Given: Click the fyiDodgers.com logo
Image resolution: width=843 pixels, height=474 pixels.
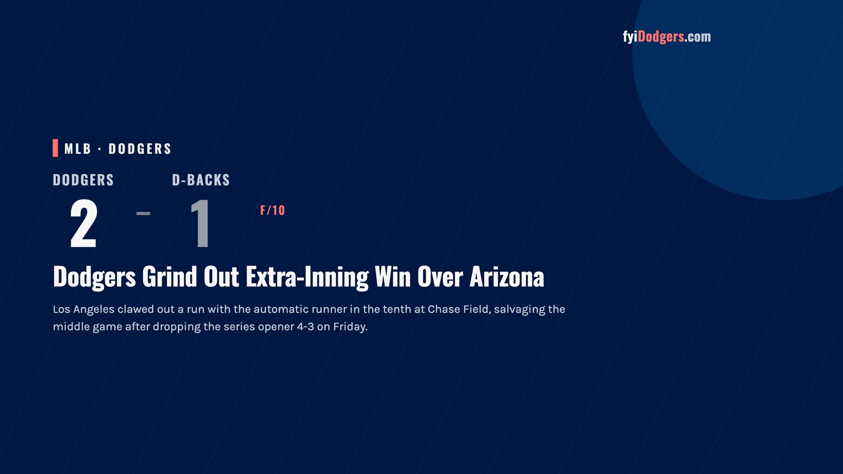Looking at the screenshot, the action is tap(666, 37).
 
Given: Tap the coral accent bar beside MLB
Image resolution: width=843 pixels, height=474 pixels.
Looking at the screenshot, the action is tap(55, 148).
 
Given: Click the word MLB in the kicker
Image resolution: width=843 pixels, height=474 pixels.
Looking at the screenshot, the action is tap(77, 149).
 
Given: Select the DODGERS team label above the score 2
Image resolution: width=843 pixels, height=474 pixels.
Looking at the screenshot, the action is tap(83, 180).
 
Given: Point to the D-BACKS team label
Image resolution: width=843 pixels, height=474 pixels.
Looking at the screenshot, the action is tap(201, 180).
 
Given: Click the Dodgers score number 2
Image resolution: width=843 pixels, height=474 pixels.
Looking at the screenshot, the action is tap(84, 223).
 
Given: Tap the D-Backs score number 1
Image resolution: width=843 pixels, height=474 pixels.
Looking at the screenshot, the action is tap(200, 223).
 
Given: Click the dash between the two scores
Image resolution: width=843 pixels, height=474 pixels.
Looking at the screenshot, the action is tap(143, 213).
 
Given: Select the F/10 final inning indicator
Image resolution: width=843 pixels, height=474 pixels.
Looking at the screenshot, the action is tap(272, 210).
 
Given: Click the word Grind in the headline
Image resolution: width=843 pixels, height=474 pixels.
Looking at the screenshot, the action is tap(169, 277).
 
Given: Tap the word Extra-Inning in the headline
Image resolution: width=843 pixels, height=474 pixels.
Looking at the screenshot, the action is tap(307, 278).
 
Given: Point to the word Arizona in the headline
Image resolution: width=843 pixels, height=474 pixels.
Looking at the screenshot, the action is tap(507, 277).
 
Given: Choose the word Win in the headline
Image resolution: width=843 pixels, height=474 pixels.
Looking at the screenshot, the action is tap(393, 277).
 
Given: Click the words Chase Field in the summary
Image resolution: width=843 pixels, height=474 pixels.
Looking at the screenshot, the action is tap(459, 309).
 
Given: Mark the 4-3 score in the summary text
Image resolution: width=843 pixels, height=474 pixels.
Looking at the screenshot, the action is tap(305, 327).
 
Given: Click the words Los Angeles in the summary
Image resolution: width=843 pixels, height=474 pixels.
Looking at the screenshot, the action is tap(84, 310).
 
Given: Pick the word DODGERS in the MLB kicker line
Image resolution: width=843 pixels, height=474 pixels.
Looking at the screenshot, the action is tap(140, 149).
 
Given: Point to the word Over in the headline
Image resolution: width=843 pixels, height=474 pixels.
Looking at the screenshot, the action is tap(440, 277).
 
